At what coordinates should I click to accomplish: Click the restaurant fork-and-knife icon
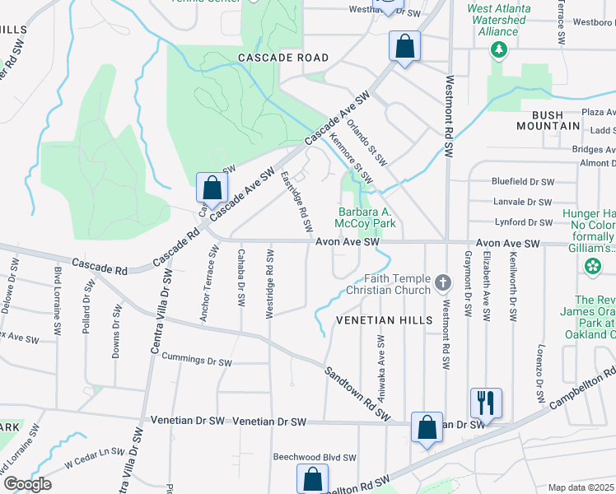click(x=486, y=403)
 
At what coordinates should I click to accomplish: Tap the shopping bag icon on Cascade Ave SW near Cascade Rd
click(x=212, y=188)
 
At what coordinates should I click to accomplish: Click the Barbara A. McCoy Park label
click(x=366, y=217)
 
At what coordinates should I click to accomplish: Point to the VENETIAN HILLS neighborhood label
click(x=385, y=319)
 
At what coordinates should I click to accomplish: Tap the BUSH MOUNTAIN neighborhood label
click(x=548, y=120)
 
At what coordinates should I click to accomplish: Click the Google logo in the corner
click(x=27, y=483)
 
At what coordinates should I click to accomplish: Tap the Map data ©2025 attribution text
click(x=581, y=487)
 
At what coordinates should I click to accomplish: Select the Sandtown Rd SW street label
click(x=357, y=394)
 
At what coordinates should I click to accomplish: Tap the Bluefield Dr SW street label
click(x=522, y=181)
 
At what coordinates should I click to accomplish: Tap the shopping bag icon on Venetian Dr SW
click(x=427, y=427)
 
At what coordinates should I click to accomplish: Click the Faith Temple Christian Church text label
click(x=388, y=284)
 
